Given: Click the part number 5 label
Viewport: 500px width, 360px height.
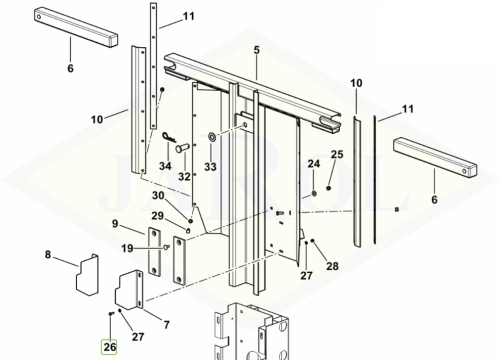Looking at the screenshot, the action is tap(256, 50).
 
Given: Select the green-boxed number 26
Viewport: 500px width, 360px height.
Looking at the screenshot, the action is tap(109, 347).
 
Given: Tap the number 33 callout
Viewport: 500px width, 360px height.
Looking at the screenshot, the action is tap(210, 166).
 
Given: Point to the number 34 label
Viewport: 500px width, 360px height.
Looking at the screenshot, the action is tap(165, 166).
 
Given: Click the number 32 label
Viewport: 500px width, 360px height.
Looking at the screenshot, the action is tap(184, 176).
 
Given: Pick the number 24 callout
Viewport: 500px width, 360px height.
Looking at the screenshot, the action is tap(314, 164).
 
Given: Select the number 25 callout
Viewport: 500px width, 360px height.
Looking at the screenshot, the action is tap(337, 154).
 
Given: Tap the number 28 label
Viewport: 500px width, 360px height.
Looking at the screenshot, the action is tap(332, 266).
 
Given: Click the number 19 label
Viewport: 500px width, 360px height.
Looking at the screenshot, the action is tap(127, 248).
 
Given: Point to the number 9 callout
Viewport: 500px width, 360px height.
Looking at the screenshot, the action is tap(115, 224).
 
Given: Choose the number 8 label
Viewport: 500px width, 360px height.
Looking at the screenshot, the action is tap(48, 255).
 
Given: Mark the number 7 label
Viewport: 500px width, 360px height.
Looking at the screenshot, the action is tap(167, 324).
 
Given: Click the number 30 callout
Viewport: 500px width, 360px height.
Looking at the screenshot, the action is tap(158, 196).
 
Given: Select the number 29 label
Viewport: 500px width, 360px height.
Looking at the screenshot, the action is tap(158, 216).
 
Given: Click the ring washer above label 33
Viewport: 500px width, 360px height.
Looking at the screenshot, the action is tap(211, 136).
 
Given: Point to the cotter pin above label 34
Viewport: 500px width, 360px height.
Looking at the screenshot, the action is tap(169, 137).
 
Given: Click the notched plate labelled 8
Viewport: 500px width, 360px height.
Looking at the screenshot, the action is tap(88, 275).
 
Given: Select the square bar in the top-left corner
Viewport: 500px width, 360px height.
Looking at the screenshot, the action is tap(76, 28).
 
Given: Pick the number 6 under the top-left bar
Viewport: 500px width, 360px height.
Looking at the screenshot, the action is tap(70, 68).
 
